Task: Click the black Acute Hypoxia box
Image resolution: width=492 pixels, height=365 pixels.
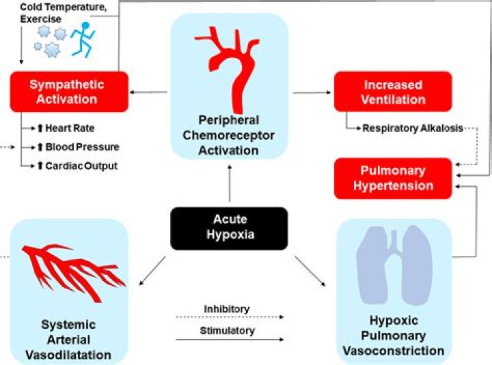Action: [x=229, y=228]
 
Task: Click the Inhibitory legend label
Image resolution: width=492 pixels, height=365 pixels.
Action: [x=227, y=309]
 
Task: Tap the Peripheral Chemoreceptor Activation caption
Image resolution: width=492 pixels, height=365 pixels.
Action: [x=229, y=135]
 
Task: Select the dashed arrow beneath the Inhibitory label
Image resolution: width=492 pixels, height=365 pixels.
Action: [x=229, y=317]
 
